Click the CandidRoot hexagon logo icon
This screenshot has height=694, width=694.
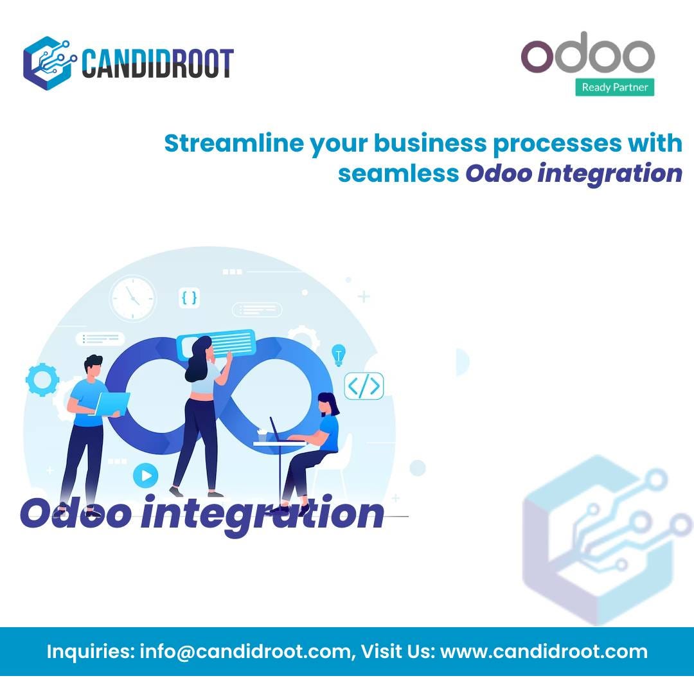click(x=49, y=63)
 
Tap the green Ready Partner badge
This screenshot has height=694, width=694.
click(x=614, y=87)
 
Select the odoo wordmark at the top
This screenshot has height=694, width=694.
click(x=587, y=54)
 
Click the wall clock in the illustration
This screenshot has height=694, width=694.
click(x=132, y=298)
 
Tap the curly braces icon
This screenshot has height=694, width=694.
click(x=189, y=298)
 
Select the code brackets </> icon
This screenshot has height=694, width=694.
click(x=364, y=386)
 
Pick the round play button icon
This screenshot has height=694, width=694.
click(x=146, y=476)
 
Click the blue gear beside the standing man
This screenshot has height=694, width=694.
click(x=42, y=380)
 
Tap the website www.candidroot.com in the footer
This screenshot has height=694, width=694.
click(x=544, y=652)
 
